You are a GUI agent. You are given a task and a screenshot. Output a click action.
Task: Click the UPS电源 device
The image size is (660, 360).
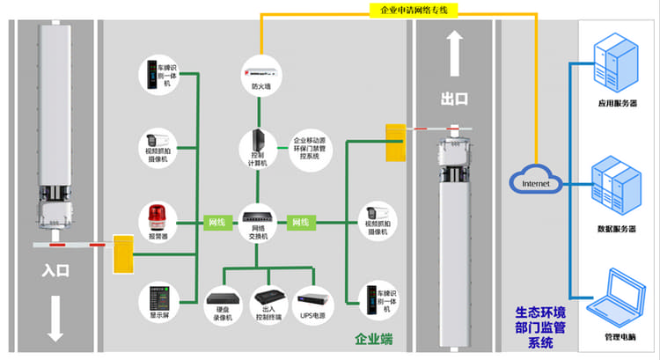(312, 299)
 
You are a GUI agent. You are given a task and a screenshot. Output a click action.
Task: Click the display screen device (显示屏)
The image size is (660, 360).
(158, 294)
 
